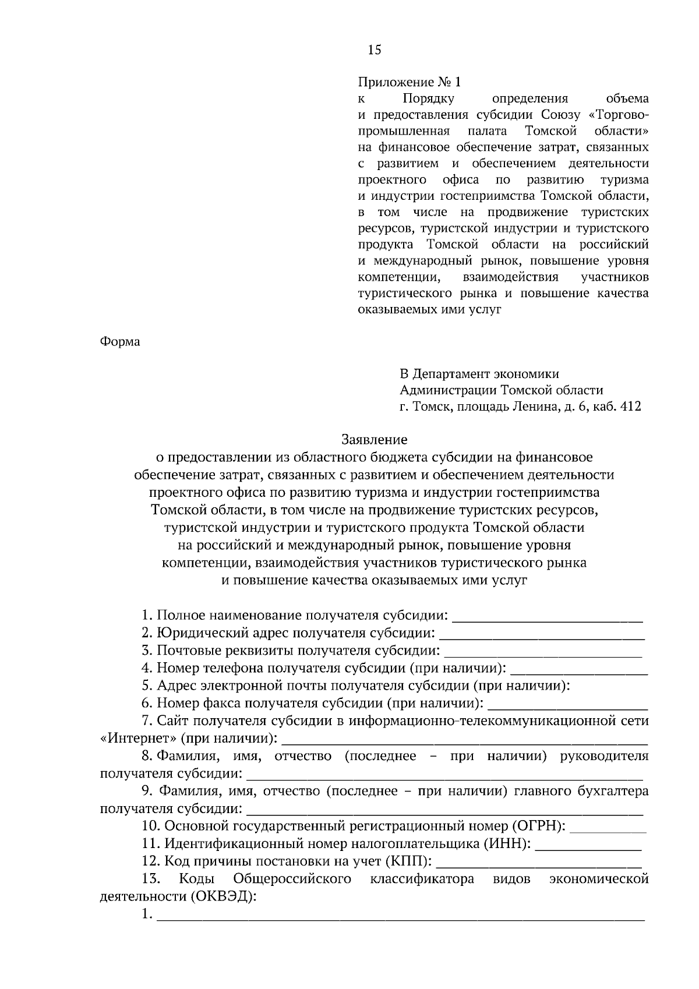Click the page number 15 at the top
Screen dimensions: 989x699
point(374,50)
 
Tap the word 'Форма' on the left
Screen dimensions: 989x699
point(120,341)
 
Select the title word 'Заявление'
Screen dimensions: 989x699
point(374,439)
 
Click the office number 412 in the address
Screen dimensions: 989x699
point(631,407)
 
